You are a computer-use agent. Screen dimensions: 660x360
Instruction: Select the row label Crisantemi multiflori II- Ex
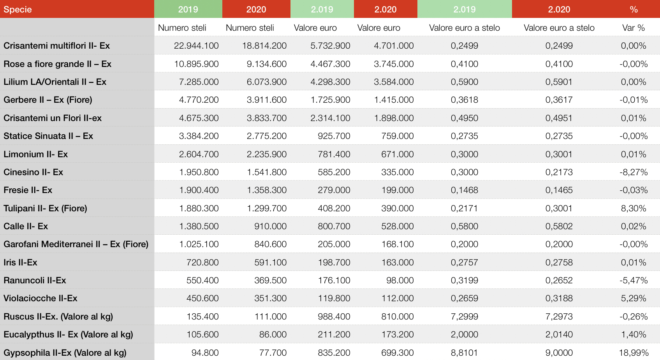56,46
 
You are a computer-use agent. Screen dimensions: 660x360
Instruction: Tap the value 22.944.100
196,46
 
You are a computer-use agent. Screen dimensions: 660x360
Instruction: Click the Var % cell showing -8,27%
634,172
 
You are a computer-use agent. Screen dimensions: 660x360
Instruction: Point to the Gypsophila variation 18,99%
634,353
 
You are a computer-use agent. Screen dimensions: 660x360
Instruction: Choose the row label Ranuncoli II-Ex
35,280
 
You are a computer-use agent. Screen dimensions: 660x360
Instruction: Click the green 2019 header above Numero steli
188,9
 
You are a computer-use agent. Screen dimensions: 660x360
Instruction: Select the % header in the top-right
634,9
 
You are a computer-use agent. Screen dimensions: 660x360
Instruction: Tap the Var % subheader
634,28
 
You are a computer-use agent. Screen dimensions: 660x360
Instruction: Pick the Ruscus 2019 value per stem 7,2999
465,316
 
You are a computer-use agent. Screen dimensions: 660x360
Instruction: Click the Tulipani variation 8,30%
634,208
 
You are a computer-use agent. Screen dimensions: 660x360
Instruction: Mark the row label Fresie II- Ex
28,190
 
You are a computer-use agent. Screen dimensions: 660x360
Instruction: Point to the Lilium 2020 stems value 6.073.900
267,82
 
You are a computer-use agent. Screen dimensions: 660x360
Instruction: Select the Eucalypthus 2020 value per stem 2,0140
559,334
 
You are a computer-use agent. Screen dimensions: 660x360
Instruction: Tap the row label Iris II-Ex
20,262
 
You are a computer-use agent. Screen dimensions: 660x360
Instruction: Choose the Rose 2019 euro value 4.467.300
330,64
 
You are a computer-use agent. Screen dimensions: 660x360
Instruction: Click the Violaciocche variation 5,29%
634,298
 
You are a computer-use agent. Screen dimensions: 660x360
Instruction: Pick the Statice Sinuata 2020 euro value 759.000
398,136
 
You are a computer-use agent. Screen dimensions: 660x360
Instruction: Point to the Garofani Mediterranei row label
76,244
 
